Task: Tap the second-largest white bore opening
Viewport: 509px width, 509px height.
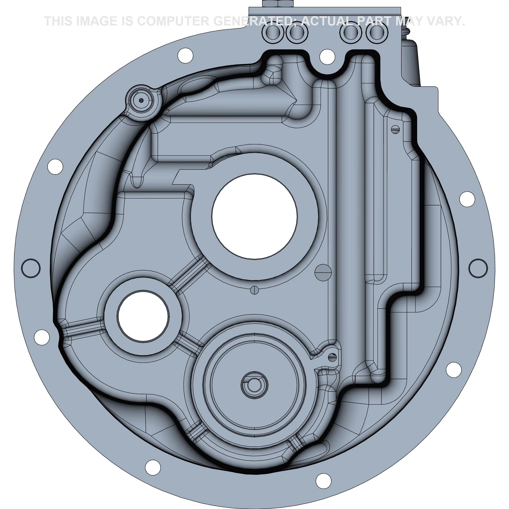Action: click(x=143, y=316)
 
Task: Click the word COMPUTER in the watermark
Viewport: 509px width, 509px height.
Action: click(x=178, y=21)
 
